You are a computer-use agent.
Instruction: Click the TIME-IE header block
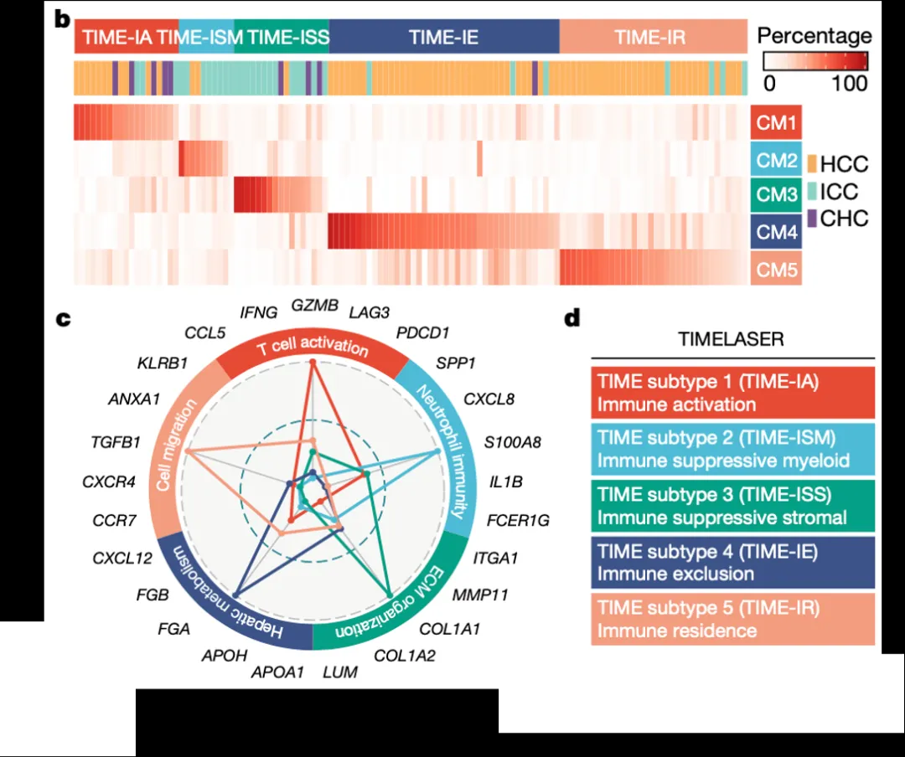(443, 37)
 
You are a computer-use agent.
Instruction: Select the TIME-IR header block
(650, 37)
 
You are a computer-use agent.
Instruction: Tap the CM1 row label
(776, 122)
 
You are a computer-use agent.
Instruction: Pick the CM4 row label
(776, 231)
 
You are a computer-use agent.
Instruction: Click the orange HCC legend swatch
(812, 163)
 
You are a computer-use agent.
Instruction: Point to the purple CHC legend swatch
(812, 219)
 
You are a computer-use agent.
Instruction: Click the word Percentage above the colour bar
(814, 36)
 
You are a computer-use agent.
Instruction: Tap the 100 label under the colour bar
(850, 83)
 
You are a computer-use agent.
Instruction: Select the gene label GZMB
(314, 306)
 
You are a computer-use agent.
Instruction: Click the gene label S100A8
(514, 440)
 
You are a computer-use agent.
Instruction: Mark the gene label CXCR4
(109, 482)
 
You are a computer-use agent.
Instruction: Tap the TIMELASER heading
(732, 342)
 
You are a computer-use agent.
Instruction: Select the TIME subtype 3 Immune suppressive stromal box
(732, 506)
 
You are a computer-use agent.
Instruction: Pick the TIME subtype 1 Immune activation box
(732, 393)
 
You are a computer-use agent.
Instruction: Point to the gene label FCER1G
(519, 521)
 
